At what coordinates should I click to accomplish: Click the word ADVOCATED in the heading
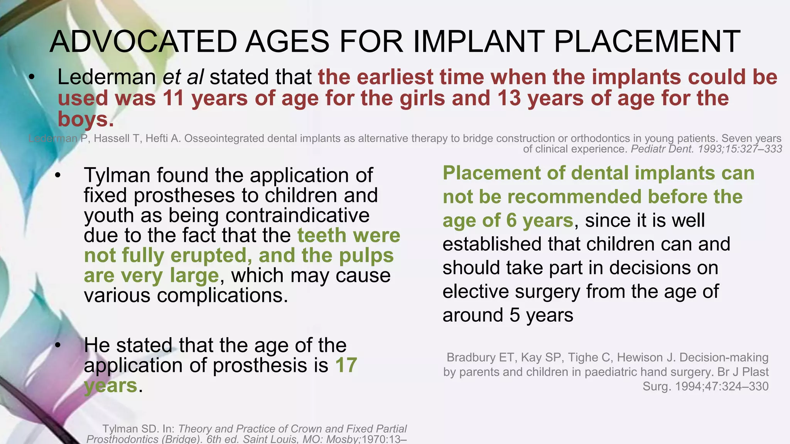(x=143, y=42)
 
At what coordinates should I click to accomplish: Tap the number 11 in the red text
(x=173, y=98)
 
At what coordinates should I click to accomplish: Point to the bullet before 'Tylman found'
(x=58, y=175)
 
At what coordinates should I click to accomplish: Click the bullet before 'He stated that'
(x=58, y=345)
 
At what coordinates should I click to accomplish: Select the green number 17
(x=346, y=365)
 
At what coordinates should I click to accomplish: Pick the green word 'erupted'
(x=209, y=255)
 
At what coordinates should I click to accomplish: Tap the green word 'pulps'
(x=366, y=255)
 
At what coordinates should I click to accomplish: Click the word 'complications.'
(x=223, y=296)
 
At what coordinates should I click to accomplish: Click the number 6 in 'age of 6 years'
(x=511, y=220)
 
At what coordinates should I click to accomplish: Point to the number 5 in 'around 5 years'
(x=515, y=315)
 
